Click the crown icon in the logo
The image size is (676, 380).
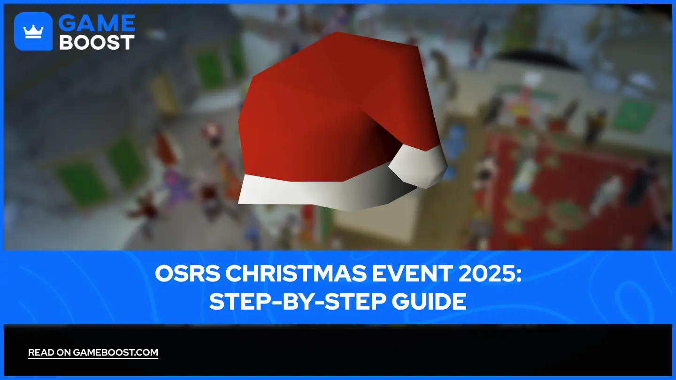tap(33, 32)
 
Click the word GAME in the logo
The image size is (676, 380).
tap(97, 23)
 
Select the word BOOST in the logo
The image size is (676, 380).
tap(97, 42)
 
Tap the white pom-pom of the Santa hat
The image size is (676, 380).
tap(418, 164)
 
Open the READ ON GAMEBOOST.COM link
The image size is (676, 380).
tap(93, 353)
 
